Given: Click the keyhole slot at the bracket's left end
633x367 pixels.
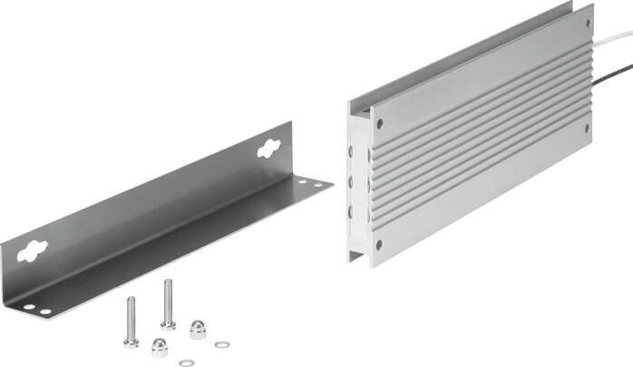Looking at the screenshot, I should coord(33,249).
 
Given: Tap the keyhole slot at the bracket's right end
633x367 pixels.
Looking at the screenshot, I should coord(268,148).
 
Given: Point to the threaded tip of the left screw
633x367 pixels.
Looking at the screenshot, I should coord(130,301).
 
